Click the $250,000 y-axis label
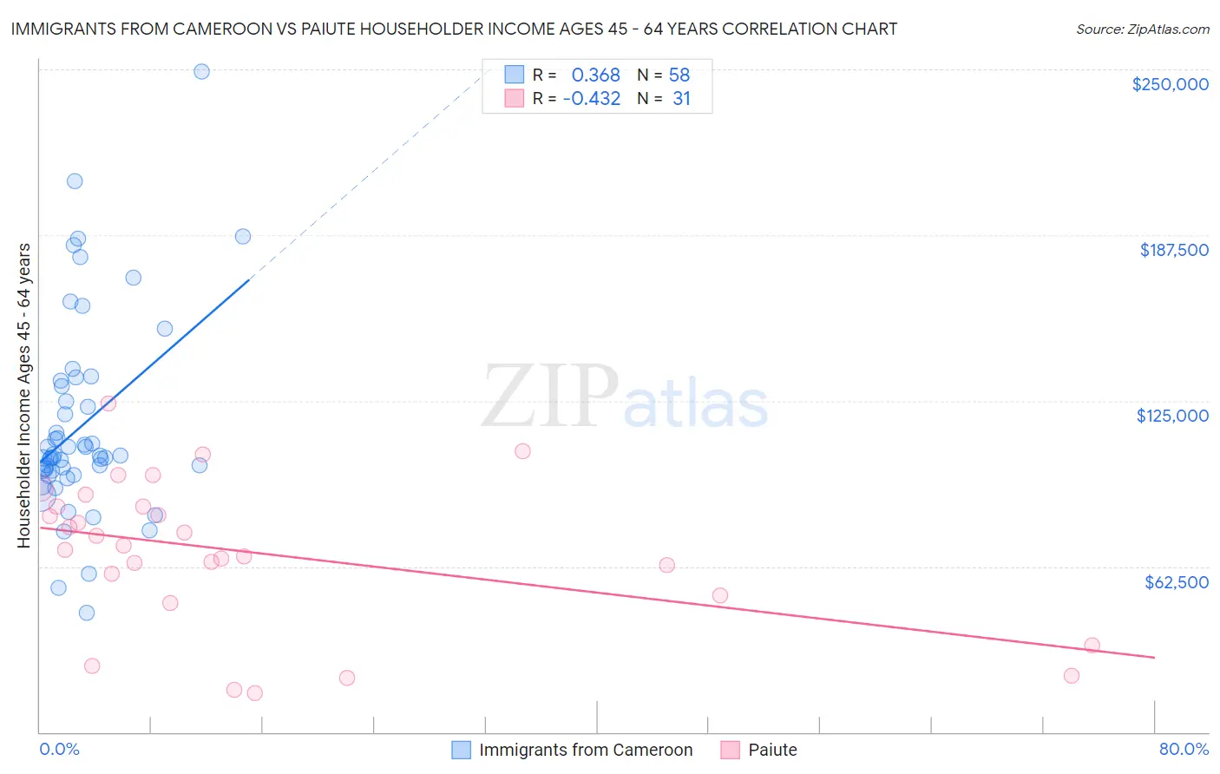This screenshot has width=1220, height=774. click(1170, 84)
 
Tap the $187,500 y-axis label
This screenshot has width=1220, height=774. click(1173, 250)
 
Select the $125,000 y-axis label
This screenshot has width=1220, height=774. click(1172, 416)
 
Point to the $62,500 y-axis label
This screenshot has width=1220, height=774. click(1176, 582)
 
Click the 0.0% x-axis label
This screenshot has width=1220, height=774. click(59, 749)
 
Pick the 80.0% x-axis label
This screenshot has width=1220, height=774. click(1184, 749)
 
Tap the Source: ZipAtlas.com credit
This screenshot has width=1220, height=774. click(1142, 29)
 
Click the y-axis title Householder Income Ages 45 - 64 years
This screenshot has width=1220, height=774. click(23, 396)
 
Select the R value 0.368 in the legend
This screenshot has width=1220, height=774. click(595, 75)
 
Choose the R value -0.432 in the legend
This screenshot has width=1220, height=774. click(592, 99)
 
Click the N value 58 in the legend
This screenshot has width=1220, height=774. click(679, 75)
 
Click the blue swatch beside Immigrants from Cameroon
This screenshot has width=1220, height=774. click(462, 750)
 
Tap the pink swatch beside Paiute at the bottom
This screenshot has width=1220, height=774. click(731, 750)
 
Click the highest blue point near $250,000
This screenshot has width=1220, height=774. click(201, 72)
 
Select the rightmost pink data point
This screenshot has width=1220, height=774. click(1092, 646)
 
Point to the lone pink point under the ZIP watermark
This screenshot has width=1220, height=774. click(522, 451)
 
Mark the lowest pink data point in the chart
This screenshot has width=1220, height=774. click(254, 693)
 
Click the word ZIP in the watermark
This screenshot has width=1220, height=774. click(550, 397)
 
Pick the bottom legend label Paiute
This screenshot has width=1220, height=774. click(772, 750)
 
